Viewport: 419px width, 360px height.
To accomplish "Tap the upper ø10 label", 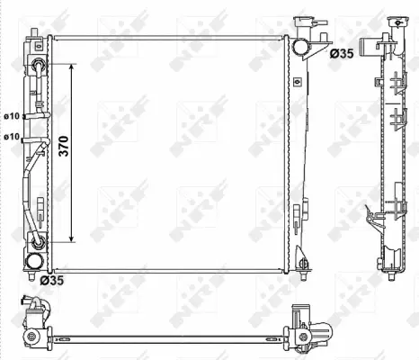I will (12, 116).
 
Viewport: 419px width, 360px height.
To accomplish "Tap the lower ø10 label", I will (12, 136).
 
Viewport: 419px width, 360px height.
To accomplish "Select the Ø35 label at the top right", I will (343, 54).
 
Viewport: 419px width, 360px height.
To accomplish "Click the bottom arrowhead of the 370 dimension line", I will (69, 241).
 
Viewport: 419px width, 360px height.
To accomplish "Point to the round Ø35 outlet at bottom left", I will (33, 261).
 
